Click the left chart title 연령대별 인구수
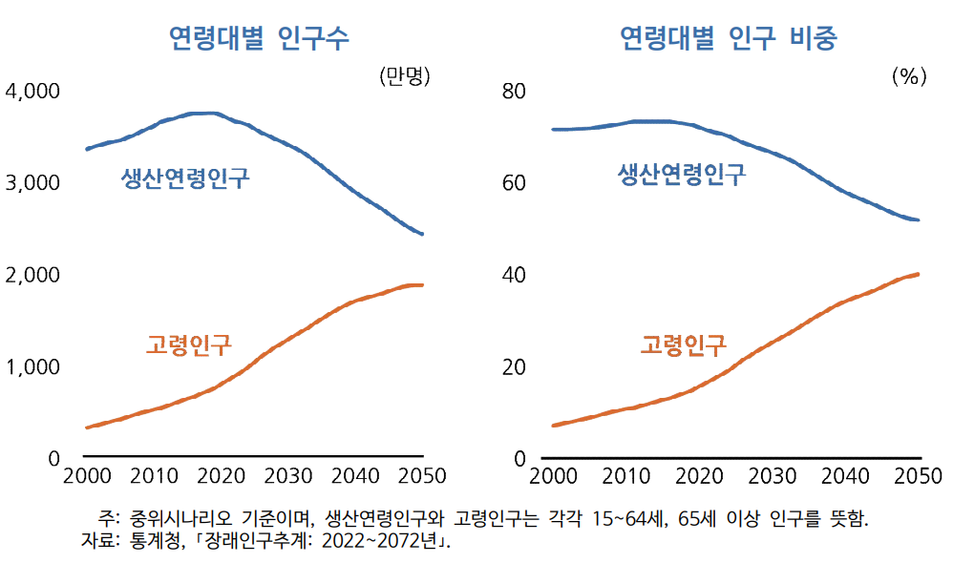[x=259, y=38]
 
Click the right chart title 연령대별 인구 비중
[x=729, y=38]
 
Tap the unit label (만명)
[x=405, y=76]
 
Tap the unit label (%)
[x=909, y=76]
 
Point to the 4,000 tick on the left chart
[x=32, y=91]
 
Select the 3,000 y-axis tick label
[x=32, y=182]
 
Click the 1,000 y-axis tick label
[x=32, y=367]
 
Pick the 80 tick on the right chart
[x=514, y=91]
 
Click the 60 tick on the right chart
[x=514, y=182]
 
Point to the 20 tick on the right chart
[x=514, y=367]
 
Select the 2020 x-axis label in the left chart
[x=222, y=476]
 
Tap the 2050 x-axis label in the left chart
[x=422, y=476]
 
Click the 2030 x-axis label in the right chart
[x=772, y=476]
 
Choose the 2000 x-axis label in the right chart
[x=553, y=476]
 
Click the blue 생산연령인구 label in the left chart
[x=185, y=177]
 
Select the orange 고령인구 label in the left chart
[x=189, y=344]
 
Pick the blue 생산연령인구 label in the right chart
[x=682, y=175]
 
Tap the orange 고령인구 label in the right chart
[x=684, y=344]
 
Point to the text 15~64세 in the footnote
[x=630, y=519]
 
